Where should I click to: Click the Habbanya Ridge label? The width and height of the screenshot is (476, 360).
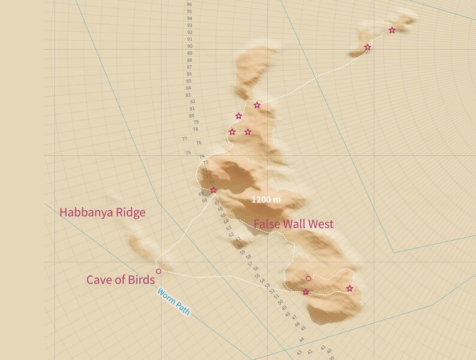pos(103,213)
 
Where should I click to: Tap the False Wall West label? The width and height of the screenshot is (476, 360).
pos(293,224)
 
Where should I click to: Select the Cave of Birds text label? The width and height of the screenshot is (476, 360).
pos(120,280)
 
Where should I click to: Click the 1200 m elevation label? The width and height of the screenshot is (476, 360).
pos(266,199)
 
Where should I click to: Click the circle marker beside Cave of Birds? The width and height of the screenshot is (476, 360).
pos(159,271)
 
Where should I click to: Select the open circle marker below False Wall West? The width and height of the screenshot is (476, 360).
pos(308,279)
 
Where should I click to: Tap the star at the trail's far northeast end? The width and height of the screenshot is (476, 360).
pos(392,30)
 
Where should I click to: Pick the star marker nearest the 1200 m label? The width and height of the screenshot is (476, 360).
pos(213,190)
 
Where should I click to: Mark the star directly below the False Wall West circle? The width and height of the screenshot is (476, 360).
pos(306,292)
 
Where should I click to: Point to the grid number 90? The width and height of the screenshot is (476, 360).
pos(189,46)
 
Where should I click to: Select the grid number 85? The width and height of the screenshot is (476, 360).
pos(189,81)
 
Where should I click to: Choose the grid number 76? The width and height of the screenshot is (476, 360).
pos(198,143)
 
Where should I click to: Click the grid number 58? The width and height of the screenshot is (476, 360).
pos(249,256)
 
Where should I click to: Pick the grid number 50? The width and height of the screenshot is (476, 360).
pos(280,301)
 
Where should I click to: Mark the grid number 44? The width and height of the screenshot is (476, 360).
pos(301,339)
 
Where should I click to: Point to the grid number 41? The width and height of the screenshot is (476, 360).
pos(323,347)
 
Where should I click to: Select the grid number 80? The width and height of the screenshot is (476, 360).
pos(192,116)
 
